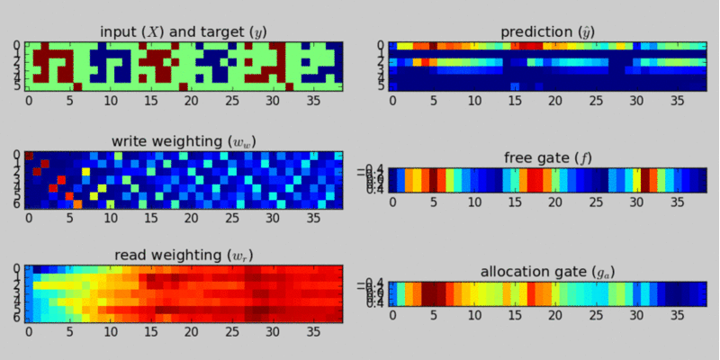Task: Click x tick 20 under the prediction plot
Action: click(555, 101)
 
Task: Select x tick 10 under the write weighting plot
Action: click(110, 217)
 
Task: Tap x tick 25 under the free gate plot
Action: click(596, 202)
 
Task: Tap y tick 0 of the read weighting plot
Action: click(18, 268)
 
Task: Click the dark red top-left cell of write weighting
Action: click(29, 156)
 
